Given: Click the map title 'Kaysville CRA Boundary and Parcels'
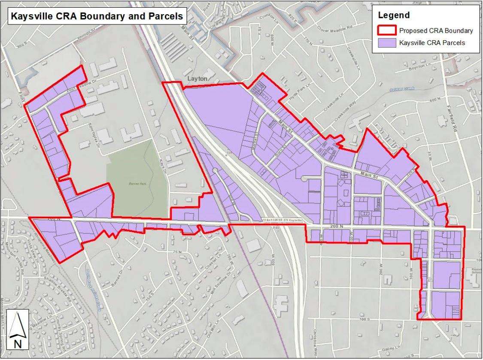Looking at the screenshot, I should point(94,16).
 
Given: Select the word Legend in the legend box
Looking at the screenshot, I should point(394,15).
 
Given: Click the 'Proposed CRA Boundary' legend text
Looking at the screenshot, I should point(436,31).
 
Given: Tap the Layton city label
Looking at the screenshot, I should point(197,79).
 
